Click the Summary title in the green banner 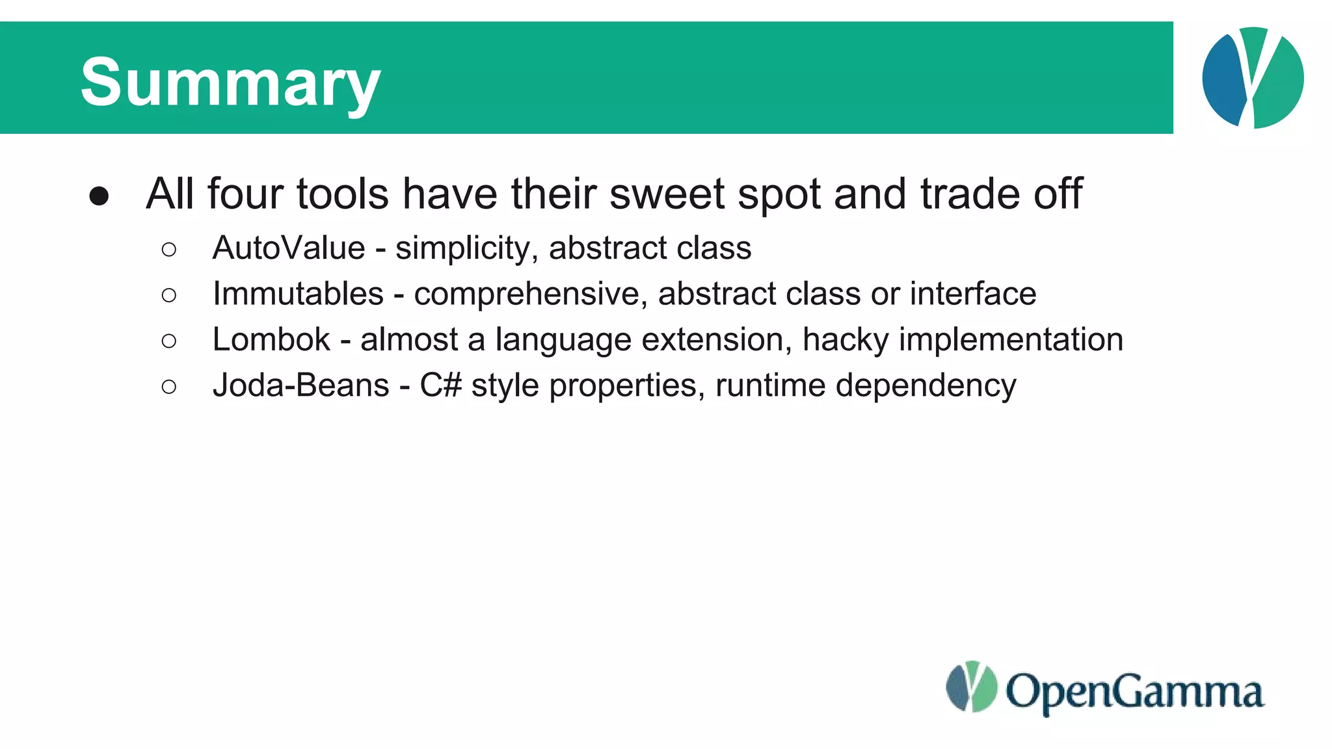(230, 82)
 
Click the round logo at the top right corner (1253, 77)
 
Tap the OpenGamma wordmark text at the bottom (1134, 692)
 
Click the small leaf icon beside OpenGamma (971, 687)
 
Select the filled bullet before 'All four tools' (99, 196)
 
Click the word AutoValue (289, 248)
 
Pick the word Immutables (298, 294)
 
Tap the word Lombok (271, 339)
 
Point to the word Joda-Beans (300, 386)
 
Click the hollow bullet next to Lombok (168, 341)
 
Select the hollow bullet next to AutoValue (168, 249)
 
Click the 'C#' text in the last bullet (440, 386)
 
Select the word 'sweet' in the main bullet (667, 194)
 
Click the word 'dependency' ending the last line (926, 386)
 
